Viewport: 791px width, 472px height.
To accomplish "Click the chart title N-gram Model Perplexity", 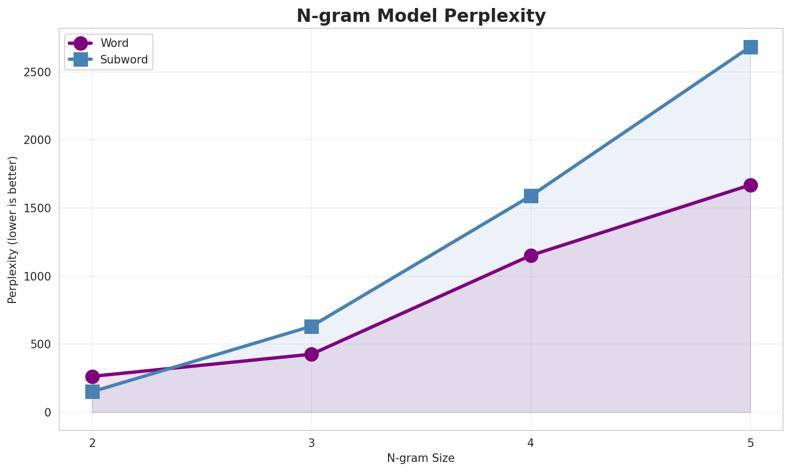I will pos(421,16).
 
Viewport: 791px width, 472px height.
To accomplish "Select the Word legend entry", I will pos(114,44).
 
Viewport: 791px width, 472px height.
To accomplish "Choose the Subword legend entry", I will pos(124,60).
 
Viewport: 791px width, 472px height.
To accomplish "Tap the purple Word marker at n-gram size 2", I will pos(92,377).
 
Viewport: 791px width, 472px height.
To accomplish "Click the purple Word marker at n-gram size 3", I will pos(312,354).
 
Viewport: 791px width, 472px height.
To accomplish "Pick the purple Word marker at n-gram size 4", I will pos(531,255).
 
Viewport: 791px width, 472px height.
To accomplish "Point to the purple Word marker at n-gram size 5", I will pos(750,185).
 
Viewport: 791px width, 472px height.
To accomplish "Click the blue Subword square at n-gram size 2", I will pos(92,392).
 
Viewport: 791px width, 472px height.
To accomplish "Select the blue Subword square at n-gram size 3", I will pos(312,326).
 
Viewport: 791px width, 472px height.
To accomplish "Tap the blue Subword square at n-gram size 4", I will pos(531,196).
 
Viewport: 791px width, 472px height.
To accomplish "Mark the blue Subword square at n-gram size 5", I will pos(750,47).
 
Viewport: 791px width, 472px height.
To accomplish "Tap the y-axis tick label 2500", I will pos(37,73).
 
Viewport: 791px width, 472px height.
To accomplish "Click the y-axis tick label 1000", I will pos(37,277).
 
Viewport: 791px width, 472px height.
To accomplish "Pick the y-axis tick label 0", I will pos(48,413).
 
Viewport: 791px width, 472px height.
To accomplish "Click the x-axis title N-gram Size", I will pos(421,458).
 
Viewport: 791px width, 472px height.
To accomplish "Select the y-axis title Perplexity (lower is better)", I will pos(13,229).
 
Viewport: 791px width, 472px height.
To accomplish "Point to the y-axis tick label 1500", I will pos(37,209).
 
